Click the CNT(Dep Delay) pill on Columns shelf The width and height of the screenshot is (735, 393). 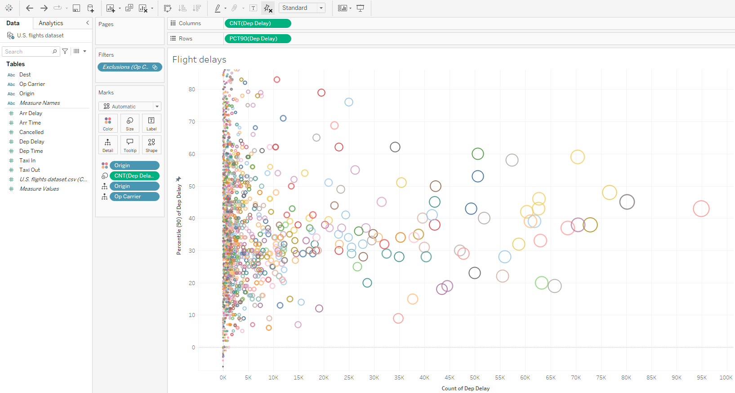pos(257,23)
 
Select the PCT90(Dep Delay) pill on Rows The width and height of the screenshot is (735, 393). pos(257,39)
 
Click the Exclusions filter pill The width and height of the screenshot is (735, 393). pos(129,67)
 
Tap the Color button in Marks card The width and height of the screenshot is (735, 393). pos(108,123)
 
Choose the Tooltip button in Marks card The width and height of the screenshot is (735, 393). pos(130,145)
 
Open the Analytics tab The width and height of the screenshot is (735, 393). pos(51,23)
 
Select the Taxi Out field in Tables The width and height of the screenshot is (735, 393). pos(30,170)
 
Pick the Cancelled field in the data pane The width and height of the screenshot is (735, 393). pos(31,132)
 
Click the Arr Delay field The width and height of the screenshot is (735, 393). pos(31,113)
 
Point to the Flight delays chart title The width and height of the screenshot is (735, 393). pos(199,59)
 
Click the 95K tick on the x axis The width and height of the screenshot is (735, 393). pos(701,378)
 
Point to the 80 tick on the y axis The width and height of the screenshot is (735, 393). pos(192,89)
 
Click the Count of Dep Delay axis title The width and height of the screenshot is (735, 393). pos(465,389)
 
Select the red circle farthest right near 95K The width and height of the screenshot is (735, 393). pos(701,209)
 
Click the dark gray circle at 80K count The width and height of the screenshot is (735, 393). pos(627,202)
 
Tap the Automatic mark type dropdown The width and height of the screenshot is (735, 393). pos(129,107)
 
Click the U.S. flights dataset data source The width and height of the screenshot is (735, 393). pos(40,36)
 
